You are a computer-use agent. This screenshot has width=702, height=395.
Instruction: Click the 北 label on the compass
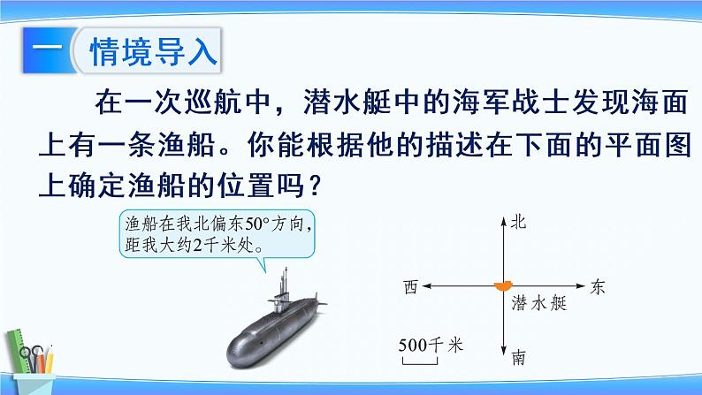click(x=518, y=222)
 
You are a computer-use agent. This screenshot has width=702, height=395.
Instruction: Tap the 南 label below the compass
click(x=519, y=357)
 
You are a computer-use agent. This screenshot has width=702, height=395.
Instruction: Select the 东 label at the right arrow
click(x=598, y=286)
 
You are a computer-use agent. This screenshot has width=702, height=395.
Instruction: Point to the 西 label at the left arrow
click(x=410, y=286)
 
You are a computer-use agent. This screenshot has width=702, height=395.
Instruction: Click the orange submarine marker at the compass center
click(x=503, y=286)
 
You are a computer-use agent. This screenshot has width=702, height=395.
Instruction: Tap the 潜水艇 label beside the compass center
click(x=539, y=303)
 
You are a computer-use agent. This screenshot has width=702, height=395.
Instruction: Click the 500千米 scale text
click(x=431, y=345)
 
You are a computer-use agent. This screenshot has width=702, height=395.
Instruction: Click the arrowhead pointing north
click(x=504, y=221)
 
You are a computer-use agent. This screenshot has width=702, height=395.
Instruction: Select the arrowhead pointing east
click(x=581, y=285)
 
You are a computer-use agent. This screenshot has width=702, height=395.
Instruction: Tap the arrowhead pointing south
click(x=504, y=351)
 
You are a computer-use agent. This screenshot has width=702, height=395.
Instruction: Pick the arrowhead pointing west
click(x=427, y=285)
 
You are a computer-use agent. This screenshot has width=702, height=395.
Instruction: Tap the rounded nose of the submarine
click(x=236, y=352)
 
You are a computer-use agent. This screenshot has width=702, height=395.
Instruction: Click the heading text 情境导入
click(x=154, y=51)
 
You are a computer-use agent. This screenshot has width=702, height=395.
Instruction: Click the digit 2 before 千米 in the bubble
click(x=197, y=245)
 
